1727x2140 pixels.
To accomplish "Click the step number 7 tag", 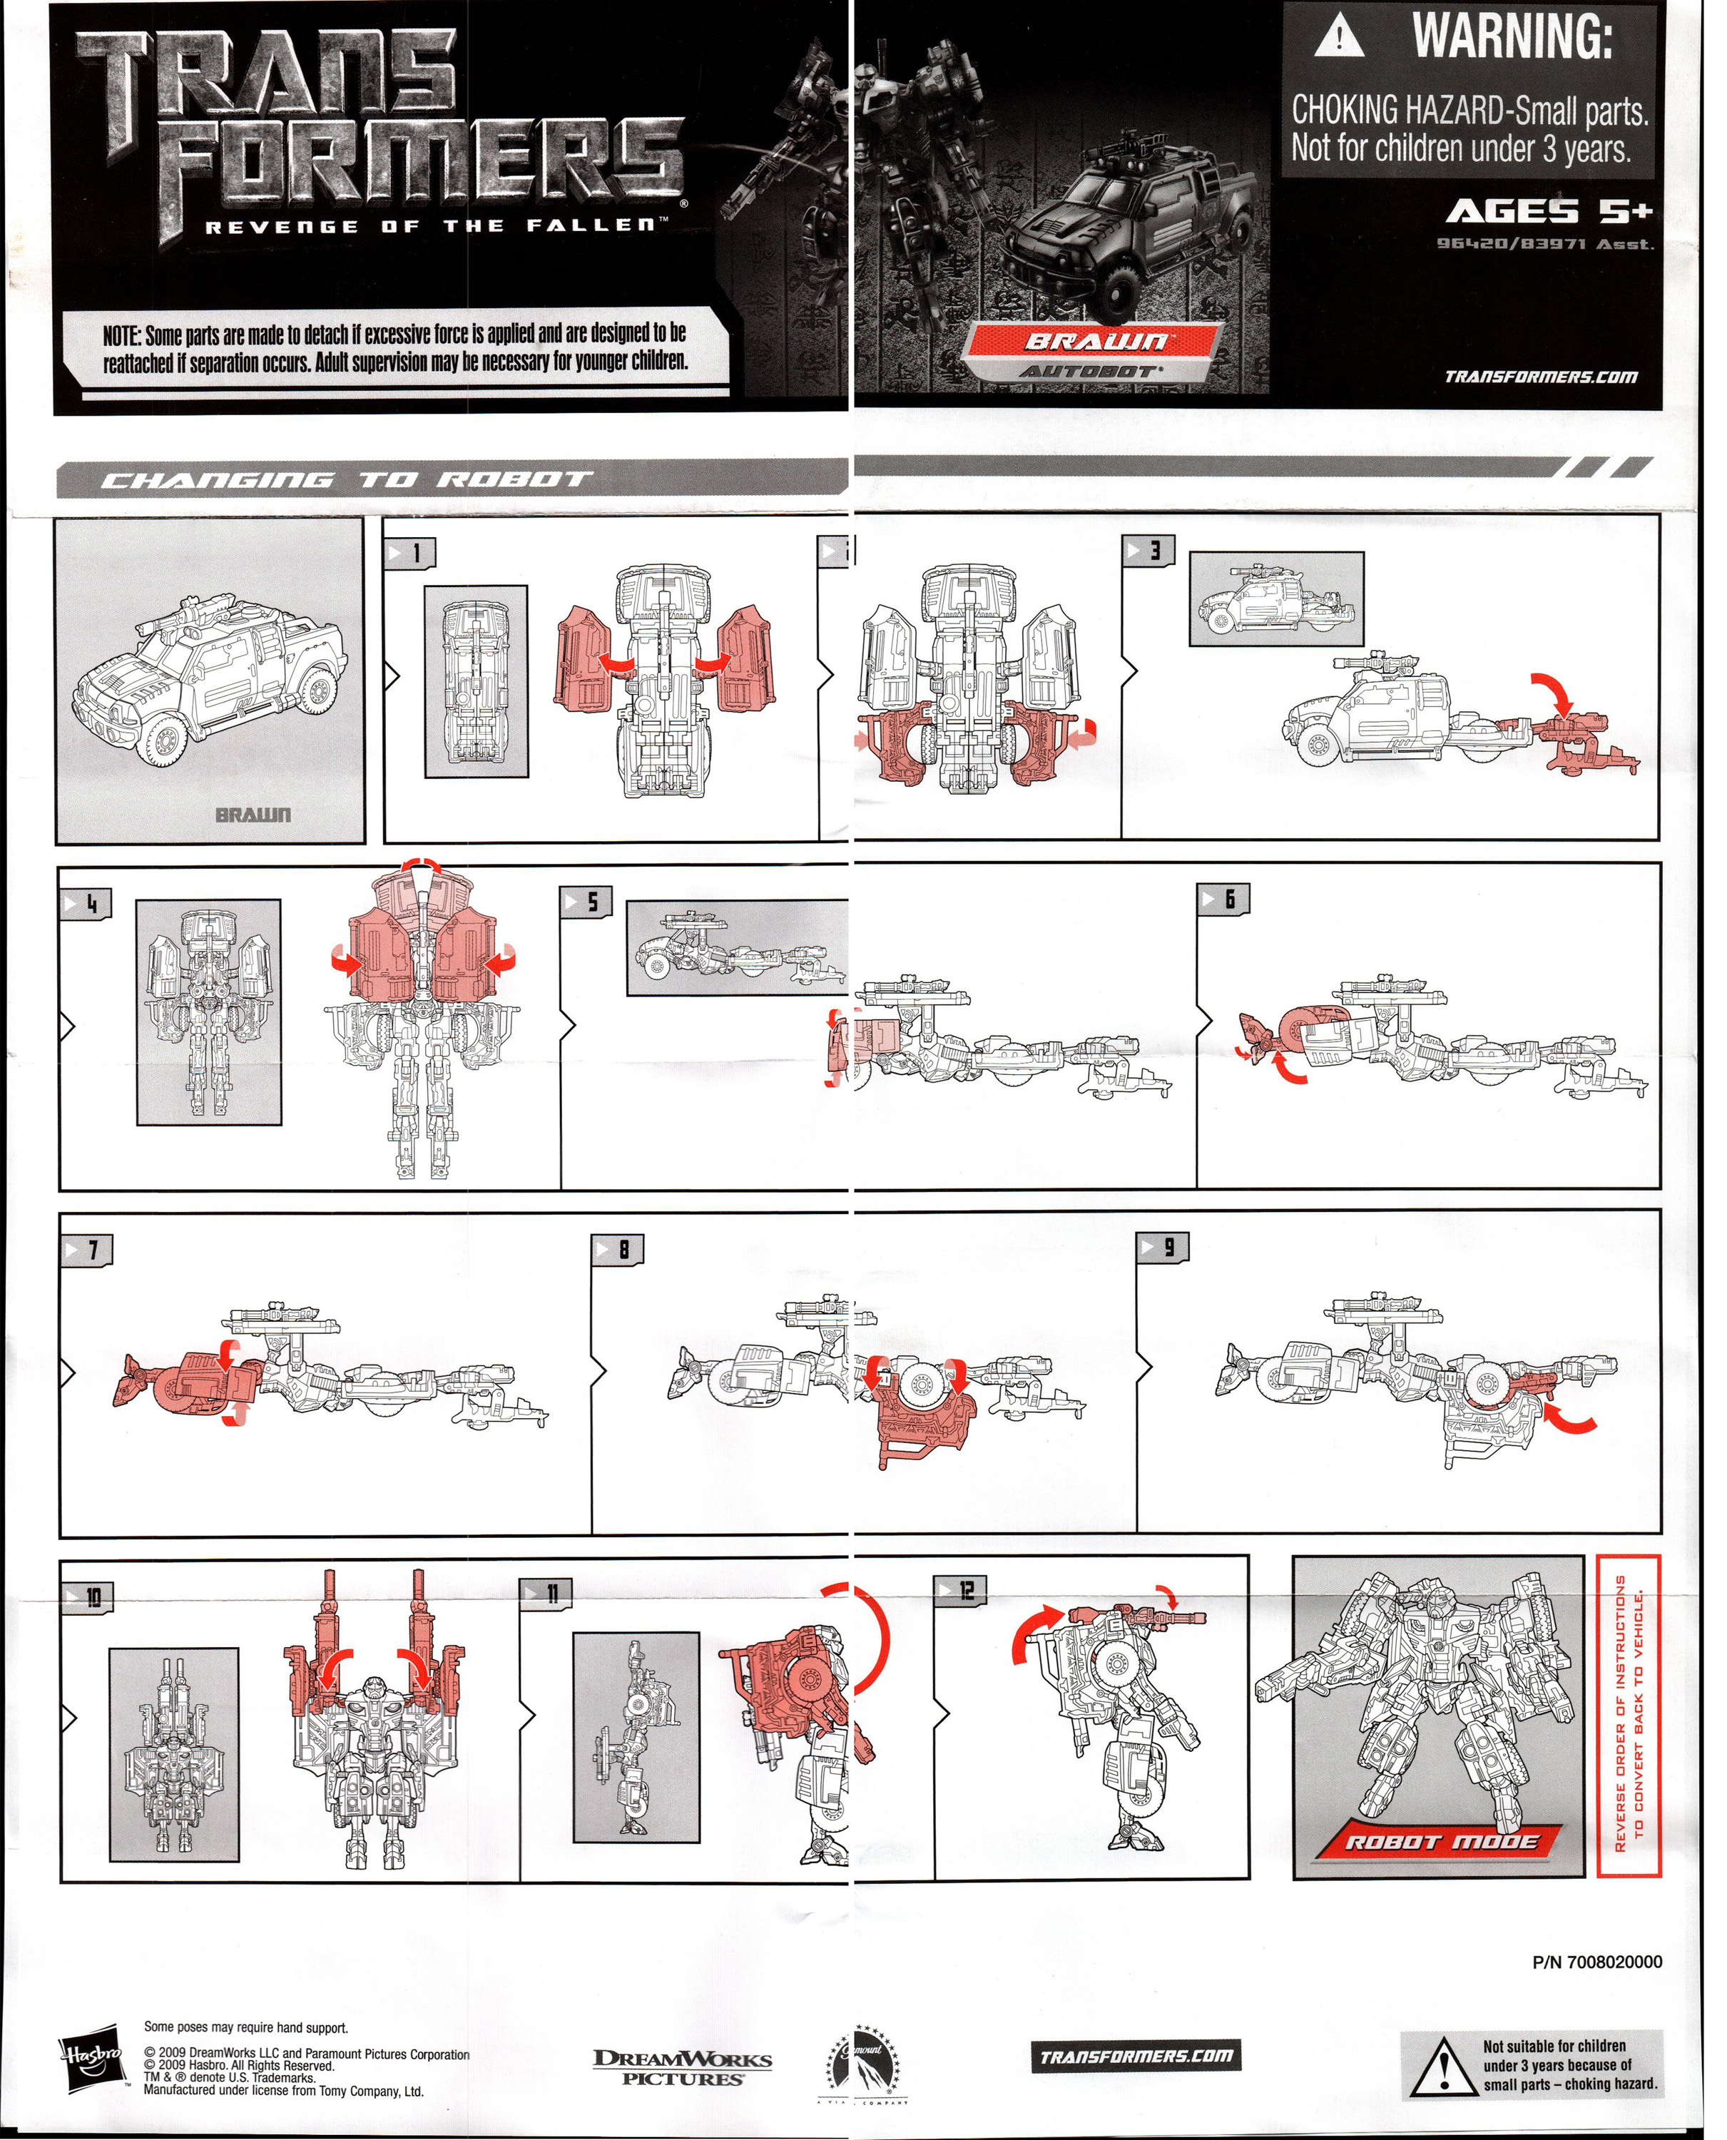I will click(x=88, y=1250).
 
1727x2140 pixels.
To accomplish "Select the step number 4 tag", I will click(x=86, y=903).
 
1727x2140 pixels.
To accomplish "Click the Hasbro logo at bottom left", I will click(x=91, y=2054).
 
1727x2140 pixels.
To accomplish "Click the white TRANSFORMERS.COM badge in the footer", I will click(x=1136, y=2055).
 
